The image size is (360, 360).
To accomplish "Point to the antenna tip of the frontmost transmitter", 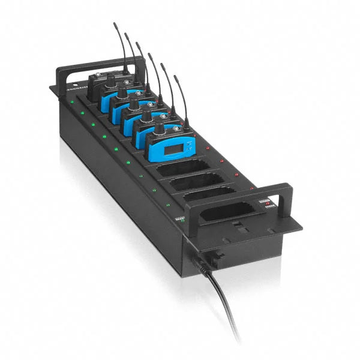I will [176, 76].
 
